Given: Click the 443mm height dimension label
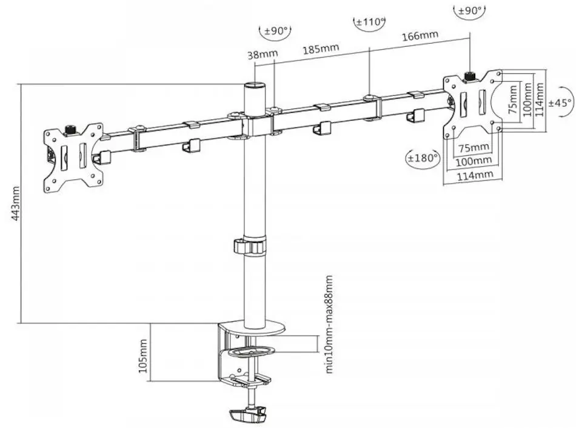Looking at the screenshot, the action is (15, 204).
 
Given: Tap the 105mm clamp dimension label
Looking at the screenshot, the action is (143, 356).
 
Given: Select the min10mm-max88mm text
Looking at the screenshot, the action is (329, 324).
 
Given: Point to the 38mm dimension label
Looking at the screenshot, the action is (263, 55).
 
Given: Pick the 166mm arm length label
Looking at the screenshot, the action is (420, 36).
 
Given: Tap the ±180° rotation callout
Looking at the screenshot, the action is (423, 158).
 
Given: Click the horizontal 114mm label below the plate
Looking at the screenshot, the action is (475, 175).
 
